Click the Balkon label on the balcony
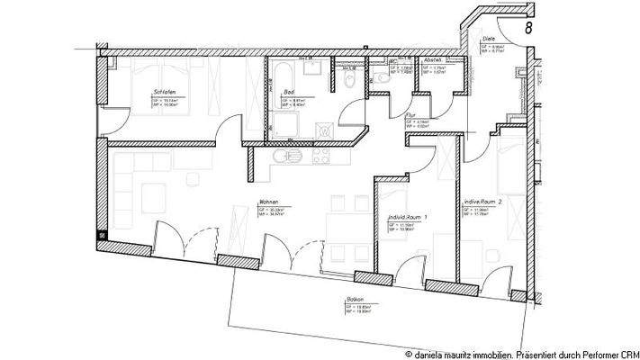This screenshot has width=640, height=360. coord(353,300)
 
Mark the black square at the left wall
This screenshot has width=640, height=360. coord(103,236)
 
